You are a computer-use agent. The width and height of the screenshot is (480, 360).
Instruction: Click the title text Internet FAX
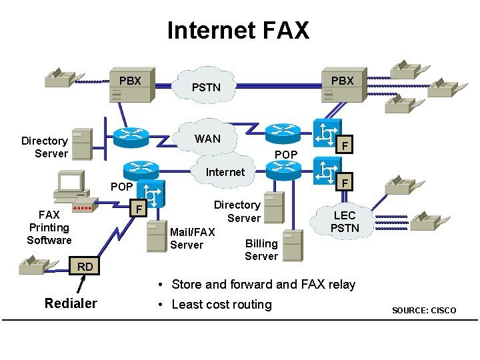[238, 30]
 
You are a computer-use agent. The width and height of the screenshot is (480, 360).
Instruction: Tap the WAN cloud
[207, 139]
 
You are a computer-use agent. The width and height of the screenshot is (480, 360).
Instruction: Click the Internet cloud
[225, 172]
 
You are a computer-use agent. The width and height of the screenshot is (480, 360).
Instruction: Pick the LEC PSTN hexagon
[345, 221]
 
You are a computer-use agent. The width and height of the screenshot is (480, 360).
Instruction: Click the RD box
[85, 267]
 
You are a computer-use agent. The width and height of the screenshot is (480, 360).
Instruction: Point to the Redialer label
[71, 304]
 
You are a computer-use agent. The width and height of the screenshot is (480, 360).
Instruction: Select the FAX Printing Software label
[49, 227]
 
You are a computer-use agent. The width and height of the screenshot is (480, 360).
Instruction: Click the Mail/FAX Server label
[192, 238]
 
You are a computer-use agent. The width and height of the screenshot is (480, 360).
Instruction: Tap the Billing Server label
[261, 249]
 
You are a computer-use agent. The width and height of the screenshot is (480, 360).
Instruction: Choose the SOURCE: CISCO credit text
[424, 311]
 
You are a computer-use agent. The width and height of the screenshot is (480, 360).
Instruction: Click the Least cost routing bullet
[221, 305]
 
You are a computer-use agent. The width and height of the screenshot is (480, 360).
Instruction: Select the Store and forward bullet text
[263, 285]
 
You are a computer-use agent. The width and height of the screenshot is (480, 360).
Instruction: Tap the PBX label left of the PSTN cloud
[130, 81]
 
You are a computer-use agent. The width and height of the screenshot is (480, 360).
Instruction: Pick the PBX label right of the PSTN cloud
[342, 81]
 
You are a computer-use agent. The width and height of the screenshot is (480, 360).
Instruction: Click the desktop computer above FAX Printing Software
[70, 185]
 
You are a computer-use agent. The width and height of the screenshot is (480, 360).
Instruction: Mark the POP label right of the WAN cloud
[286, 155]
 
